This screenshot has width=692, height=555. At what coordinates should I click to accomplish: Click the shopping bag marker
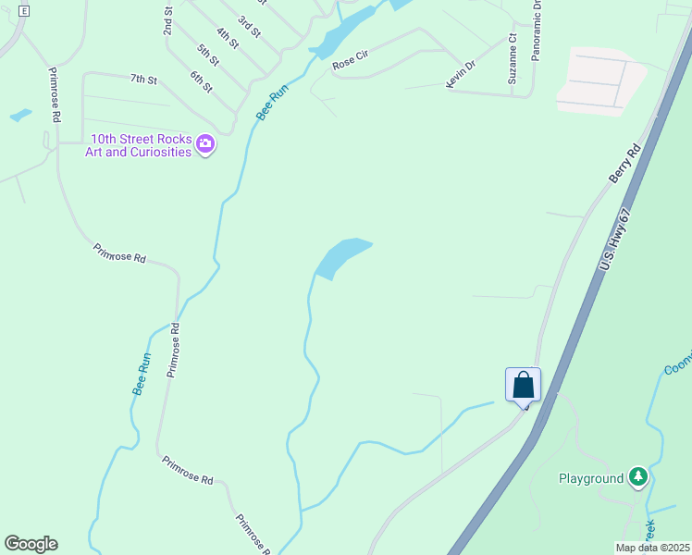click(x=523, y=384)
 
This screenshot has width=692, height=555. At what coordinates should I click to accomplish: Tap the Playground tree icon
click(x=637, y=477)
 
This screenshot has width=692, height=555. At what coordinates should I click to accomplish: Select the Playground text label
click(x=591, y=478)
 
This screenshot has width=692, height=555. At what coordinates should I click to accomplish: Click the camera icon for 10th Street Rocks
click(x=205, y=144)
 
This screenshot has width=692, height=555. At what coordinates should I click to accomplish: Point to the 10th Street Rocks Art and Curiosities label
click(x=139, y=145)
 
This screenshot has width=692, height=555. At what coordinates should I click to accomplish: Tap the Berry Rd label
click(x=625, y=163)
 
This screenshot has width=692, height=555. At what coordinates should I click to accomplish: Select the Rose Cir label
click(x=350, y=61)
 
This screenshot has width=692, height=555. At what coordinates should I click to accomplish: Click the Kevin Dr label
click(x=460, y=74)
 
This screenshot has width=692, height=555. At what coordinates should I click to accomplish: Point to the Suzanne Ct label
click(x=512, y=60)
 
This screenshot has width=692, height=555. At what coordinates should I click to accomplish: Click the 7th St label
click(x=143, y=80)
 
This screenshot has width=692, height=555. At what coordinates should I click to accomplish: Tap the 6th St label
click(x=202, y=80)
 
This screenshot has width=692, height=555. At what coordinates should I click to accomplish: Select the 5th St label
click(x=208, y=55)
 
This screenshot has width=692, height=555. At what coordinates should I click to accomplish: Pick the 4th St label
click(x=228, y=38)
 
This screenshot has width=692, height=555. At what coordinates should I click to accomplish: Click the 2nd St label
click(x=168, y=21)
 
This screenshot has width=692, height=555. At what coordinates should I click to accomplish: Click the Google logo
click(x=31, y=544)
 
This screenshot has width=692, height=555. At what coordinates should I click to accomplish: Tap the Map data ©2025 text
click(x=651, y=548)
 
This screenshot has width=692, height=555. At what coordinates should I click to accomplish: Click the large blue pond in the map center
click(x=340, y=256)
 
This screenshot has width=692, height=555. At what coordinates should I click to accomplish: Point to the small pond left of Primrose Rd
click(x=20, y=116)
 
